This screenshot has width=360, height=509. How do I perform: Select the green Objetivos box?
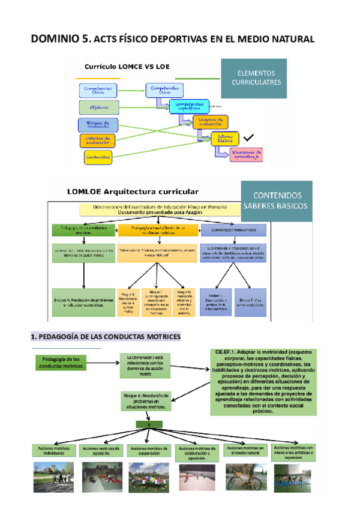(99, 107)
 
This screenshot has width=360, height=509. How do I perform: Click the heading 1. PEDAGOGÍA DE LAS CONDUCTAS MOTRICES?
(106, 338)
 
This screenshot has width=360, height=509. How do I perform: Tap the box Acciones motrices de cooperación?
(149, 450)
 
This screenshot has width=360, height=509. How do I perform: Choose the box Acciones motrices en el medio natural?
(245, 450)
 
